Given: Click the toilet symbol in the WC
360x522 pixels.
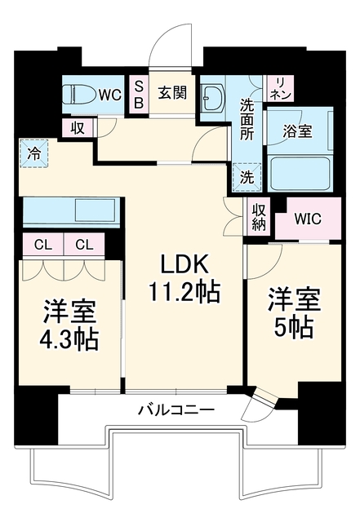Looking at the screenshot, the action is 80,95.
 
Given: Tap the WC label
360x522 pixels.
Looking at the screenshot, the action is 110,95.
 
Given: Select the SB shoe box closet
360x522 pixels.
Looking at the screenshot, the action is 139,95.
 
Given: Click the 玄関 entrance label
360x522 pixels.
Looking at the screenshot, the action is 172,92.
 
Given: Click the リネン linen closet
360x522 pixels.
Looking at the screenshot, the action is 281,88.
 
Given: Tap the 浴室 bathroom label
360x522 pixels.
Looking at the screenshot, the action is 297,131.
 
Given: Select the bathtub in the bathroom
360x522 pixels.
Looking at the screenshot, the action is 300,174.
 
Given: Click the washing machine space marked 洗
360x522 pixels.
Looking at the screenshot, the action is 247,178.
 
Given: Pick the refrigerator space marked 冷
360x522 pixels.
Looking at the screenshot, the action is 34,153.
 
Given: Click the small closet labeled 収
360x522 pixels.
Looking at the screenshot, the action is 78,128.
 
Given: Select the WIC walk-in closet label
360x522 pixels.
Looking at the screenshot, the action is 308,219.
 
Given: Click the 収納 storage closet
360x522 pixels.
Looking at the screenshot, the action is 259,217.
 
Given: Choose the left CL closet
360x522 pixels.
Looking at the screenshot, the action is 43,246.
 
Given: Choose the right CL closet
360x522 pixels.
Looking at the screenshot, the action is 84,246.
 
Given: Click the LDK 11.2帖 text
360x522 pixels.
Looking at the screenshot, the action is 184,278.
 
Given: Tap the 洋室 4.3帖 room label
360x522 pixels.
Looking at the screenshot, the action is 69,325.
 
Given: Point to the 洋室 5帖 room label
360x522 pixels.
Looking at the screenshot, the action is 294,313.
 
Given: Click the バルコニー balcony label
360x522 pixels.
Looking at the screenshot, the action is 176,409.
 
